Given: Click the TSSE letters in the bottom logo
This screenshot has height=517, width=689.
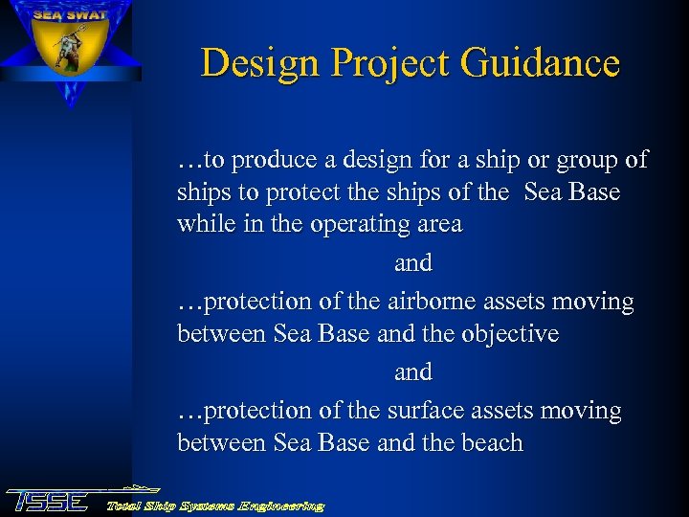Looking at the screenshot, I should click(48, 501).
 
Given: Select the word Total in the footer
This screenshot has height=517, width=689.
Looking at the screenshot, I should click(126, 505).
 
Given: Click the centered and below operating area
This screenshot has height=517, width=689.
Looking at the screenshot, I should click(412, 262).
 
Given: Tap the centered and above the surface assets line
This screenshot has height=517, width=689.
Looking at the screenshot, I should click(412, 371).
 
